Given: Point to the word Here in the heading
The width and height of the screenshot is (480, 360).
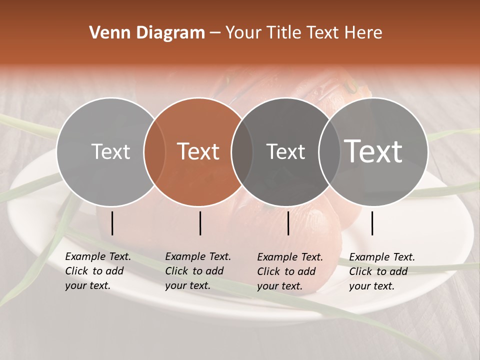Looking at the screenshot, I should pos(364,33).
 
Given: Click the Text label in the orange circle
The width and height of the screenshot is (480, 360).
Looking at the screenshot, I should pos(198,151).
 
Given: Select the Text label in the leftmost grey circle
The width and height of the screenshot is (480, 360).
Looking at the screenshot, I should pos(110,151).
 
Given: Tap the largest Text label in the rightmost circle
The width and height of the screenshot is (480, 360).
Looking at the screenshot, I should pos(373,151).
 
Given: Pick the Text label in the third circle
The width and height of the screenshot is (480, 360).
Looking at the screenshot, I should pos(285,151).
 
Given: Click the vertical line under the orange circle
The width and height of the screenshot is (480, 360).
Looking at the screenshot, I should pos(200,223).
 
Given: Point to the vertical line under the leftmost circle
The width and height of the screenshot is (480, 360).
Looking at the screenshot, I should pos(112,223).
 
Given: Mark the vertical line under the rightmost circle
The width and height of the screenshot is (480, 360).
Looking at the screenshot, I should pos(372,223).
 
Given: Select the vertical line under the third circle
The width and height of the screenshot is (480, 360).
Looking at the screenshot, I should pos(288,223).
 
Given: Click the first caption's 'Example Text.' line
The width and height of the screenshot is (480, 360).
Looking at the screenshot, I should pos(98,256).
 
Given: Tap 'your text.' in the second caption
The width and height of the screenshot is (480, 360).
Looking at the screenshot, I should pos(187,285).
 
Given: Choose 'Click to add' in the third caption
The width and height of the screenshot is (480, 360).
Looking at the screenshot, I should pos(286,271).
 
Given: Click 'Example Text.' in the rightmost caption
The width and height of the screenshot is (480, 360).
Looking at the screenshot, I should pos(382,257).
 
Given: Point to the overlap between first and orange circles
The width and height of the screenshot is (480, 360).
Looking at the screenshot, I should pos(154,151).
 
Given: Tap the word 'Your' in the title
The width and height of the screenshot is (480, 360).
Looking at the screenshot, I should pos(244,33).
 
